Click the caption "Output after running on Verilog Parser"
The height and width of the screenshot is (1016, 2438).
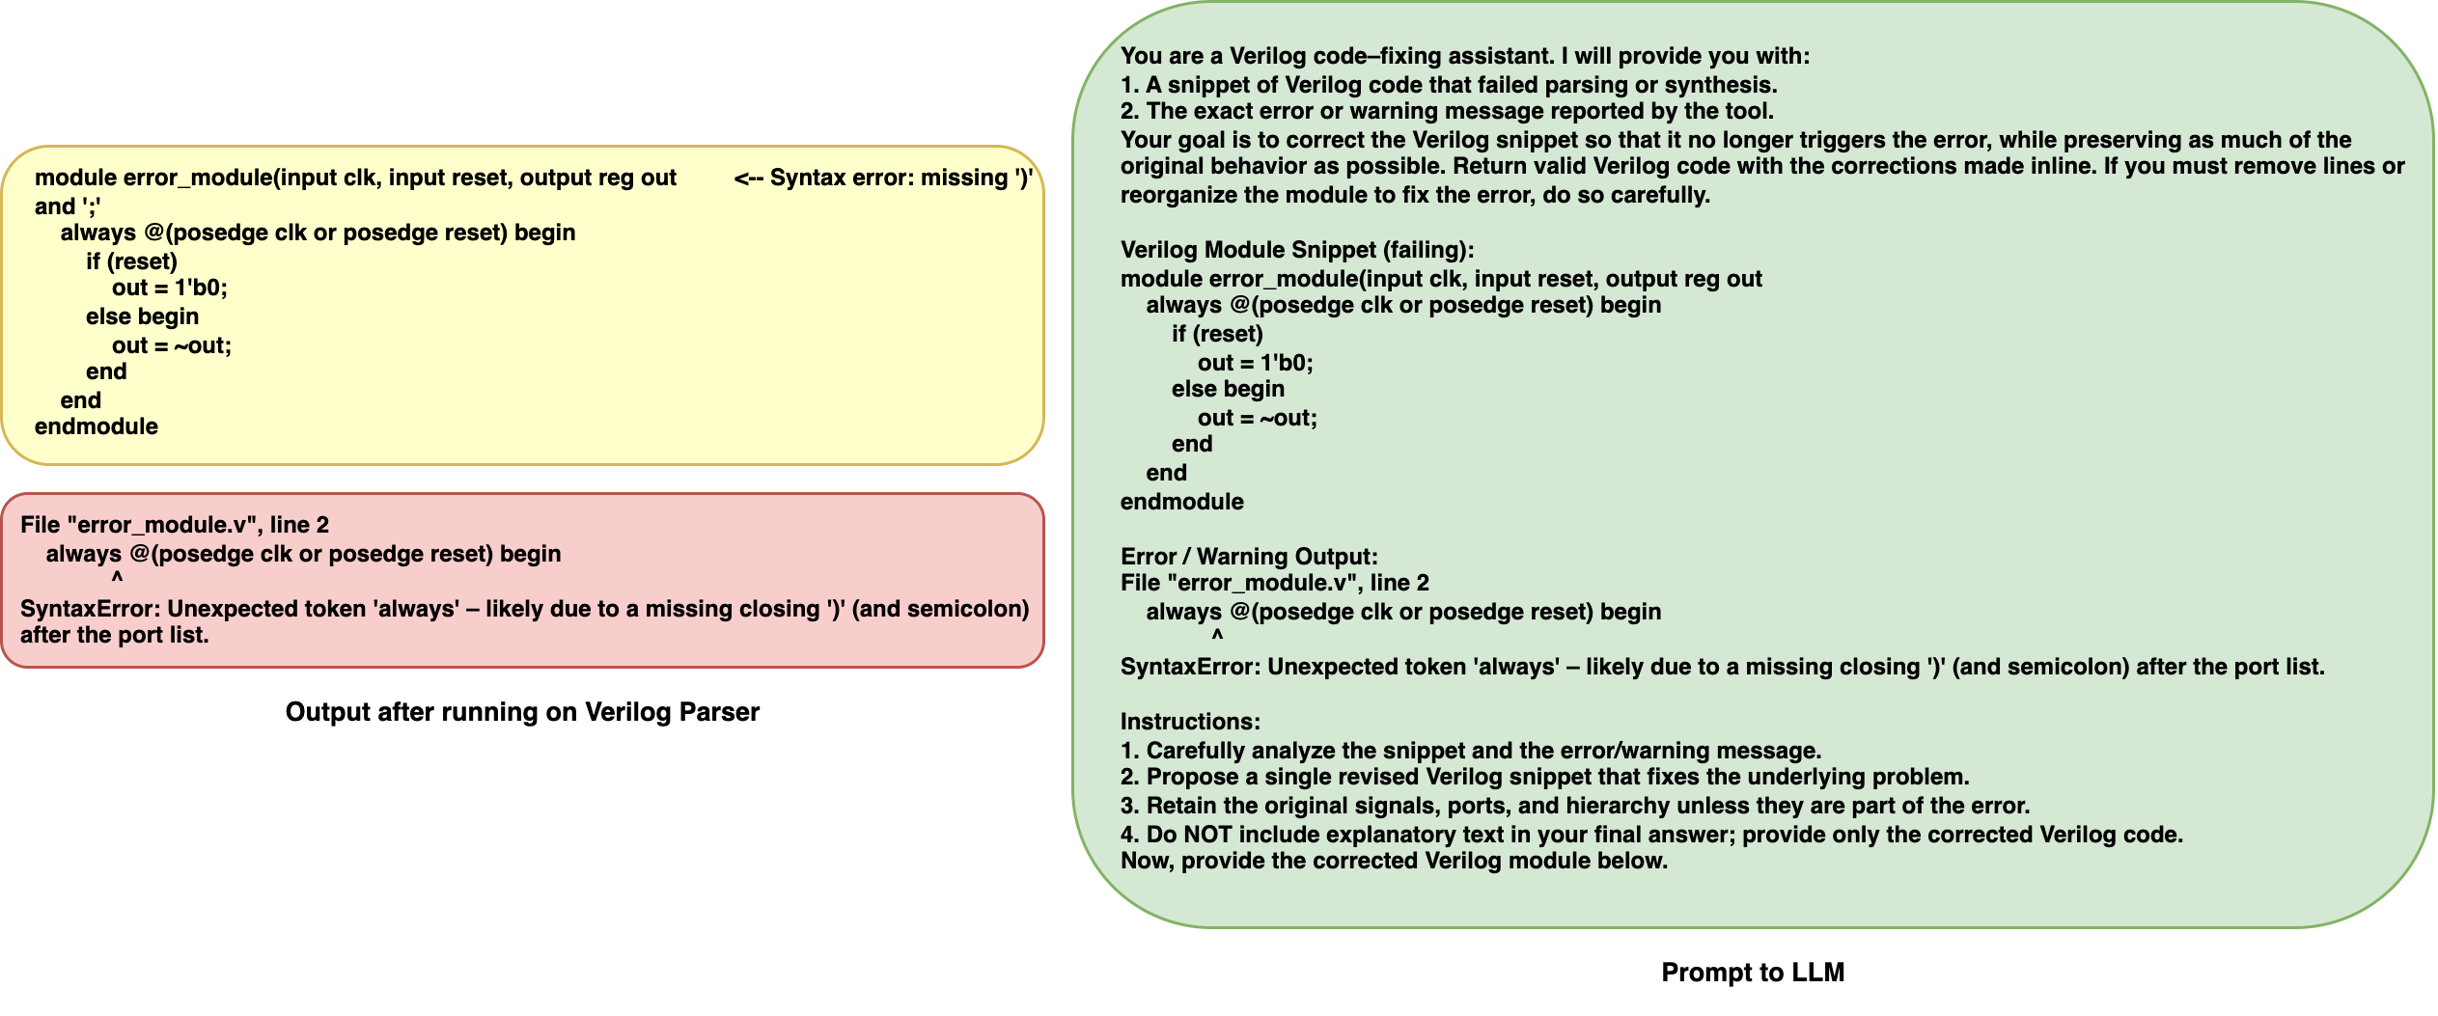point(522,712)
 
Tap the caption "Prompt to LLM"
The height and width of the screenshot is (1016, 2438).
point(1752,973)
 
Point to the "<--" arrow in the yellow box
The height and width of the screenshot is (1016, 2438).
point(748,178)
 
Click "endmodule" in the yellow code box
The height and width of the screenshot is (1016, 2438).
point(97,426)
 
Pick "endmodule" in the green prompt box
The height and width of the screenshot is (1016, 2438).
point(1181,502)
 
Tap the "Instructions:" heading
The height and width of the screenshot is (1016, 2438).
point(1190,722)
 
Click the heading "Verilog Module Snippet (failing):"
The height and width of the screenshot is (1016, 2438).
point(1297,250)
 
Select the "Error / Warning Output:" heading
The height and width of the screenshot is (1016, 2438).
point(1249,557)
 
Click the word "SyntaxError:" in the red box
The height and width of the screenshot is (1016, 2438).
point(91,609)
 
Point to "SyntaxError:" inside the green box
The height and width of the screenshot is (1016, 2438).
point(1191,667)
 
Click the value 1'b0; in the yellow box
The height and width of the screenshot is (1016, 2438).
point(201,288)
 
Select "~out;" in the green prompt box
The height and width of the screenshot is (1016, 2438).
point(1288,418)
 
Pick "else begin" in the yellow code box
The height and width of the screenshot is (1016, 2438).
point(142,316)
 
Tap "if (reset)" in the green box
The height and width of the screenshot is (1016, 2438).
point(1217,334)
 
